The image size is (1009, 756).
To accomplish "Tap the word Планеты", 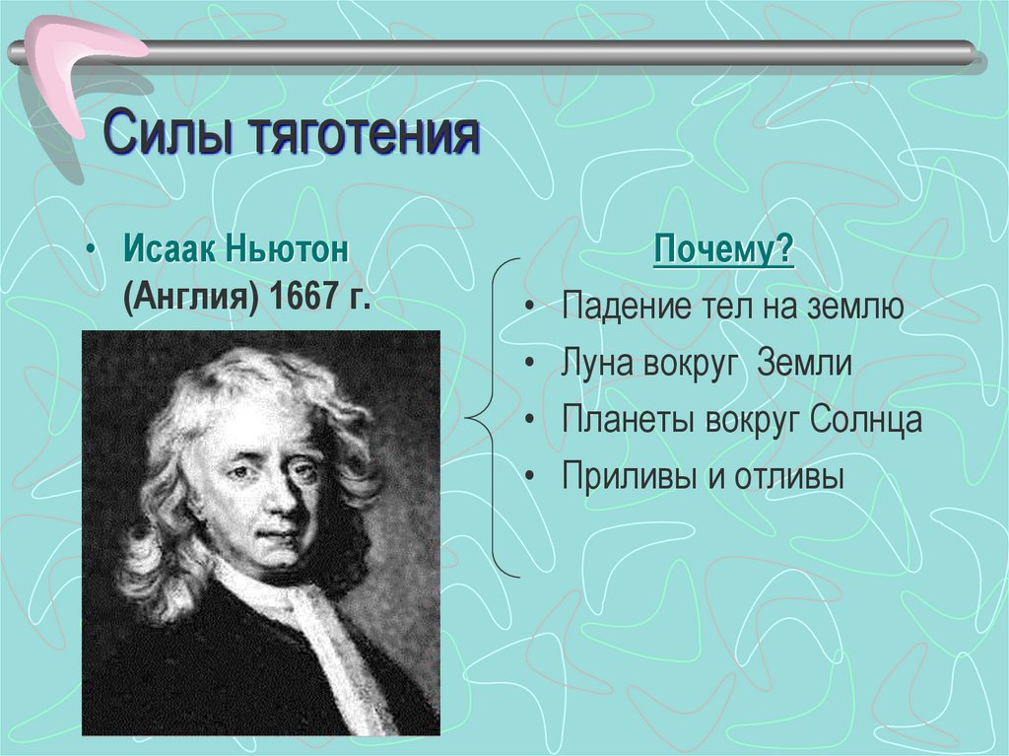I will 629,421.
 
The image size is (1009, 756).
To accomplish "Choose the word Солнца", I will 866,421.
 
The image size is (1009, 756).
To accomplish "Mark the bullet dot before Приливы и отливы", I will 530,478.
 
